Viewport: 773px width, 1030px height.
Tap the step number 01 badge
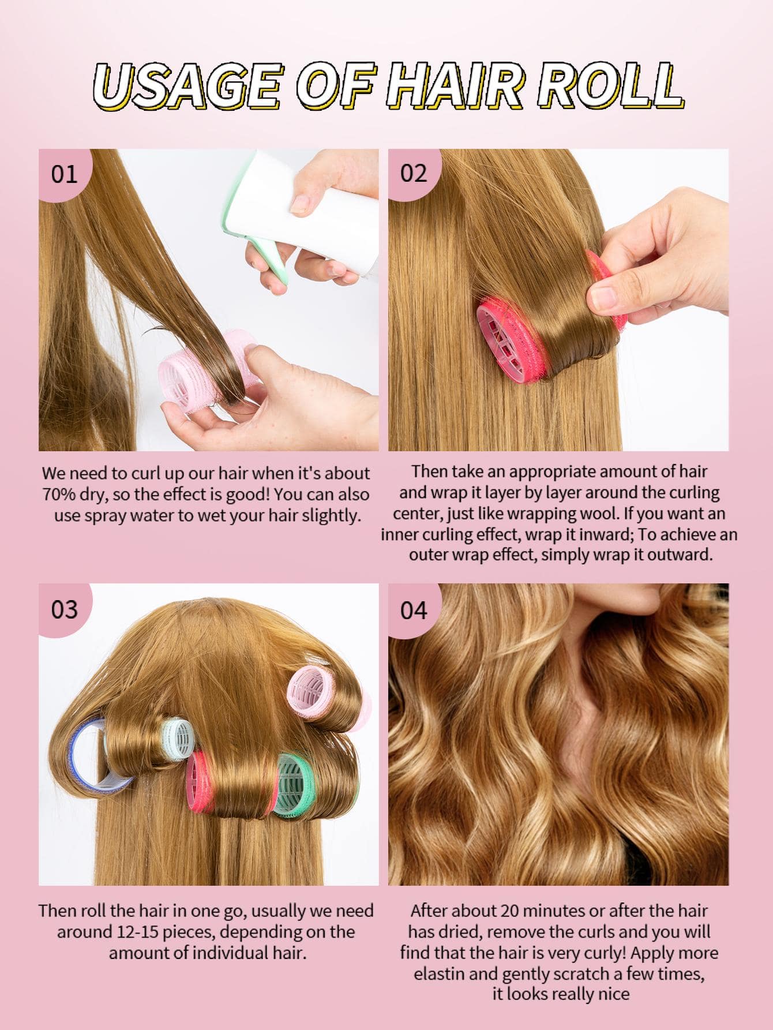click(63, 174)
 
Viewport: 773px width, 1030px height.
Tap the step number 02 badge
click(413, 173)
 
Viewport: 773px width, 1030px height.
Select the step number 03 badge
click(63, 609)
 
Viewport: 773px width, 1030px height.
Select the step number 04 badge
click(413, 609)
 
